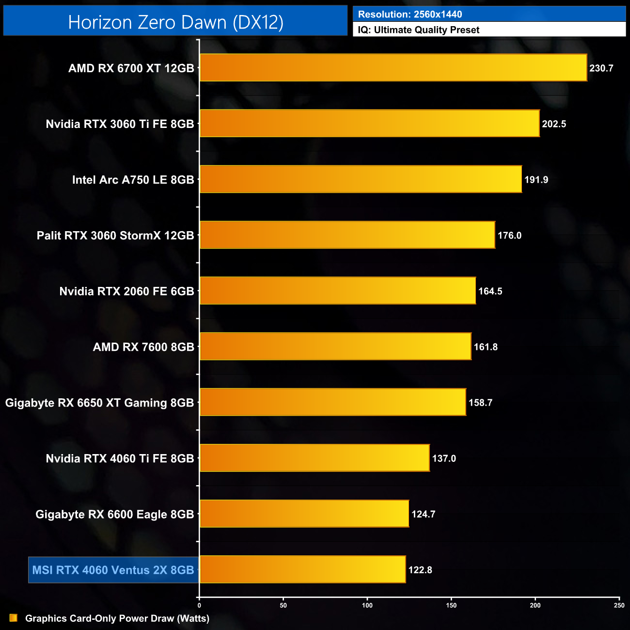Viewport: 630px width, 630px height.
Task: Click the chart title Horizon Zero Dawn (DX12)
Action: click(175, 22)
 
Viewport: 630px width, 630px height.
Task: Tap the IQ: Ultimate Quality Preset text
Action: click(419, 30)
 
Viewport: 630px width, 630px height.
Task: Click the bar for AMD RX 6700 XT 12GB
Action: click(393, 68)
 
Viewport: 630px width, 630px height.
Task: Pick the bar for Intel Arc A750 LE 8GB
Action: click(361, 179)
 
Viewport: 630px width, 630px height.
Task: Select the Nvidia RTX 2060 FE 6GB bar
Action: click(338, 291)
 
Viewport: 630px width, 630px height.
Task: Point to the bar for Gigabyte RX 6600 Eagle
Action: click(304, 514)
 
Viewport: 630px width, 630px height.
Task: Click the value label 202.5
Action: click(554, 124)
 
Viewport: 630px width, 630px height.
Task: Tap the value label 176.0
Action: click(509, 236)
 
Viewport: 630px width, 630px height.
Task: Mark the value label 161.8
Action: click(486, 347)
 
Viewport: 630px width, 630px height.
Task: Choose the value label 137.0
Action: click(444, 458)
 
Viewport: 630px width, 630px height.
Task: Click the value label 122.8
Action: click(420, 570)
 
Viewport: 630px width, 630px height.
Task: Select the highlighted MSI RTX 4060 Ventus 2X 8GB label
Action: click(113, 570)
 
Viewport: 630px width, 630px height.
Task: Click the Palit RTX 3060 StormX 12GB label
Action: click(115, 236)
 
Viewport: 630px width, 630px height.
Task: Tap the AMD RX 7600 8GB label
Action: click(143, 347)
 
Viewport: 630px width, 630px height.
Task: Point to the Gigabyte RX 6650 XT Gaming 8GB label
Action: click(99, 403)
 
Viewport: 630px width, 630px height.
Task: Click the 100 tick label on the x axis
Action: click(367, 605)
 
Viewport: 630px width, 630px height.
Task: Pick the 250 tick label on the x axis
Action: click(619, 605)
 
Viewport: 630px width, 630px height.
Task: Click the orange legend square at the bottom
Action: click(14, 618)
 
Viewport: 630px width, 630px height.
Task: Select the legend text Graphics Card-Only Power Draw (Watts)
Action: click(117, 618)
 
